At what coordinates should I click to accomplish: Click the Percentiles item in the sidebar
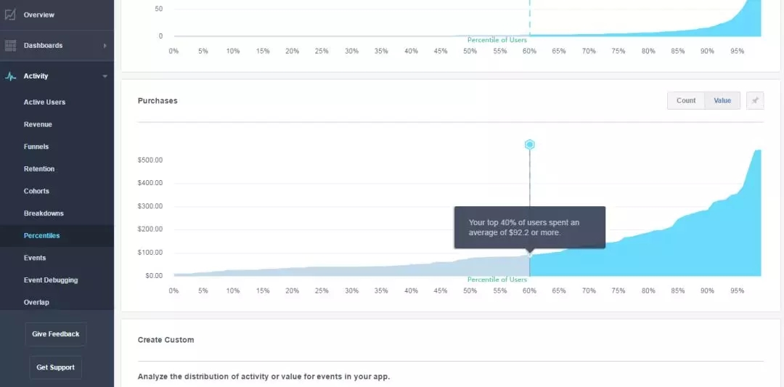click(x=41, y=236)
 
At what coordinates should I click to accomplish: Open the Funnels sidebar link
click(x=36, y=147)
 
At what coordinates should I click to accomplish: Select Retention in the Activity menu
click(x=39, y=169)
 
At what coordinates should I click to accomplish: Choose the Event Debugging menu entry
click(x=51, y=280)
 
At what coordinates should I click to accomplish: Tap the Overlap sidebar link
click(x=36, y=303)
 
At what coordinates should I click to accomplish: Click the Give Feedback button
click(x=56, y=334)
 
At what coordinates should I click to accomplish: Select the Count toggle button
click(x=686, y=101)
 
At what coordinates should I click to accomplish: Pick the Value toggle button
click(x=722, y=101)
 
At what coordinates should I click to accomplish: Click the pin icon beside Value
click(x=755, y=101)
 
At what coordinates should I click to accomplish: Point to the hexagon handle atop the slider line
click(x=530, y=144)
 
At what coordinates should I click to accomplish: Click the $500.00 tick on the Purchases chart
click(x=150, y=160)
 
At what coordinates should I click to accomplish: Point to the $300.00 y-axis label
click(x=150, y=206)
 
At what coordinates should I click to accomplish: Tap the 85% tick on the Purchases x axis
click(x=677, y=290)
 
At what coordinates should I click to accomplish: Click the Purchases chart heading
click(x=158, y=101)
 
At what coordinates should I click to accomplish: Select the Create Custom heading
click(x=166, y=340)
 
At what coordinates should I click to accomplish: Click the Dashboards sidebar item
click(x=43, y=46)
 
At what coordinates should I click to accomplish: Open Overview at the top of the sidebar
click(x=38, y=15)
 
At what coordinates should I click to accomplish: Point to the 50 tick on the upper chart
click(x=158, y=9)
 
